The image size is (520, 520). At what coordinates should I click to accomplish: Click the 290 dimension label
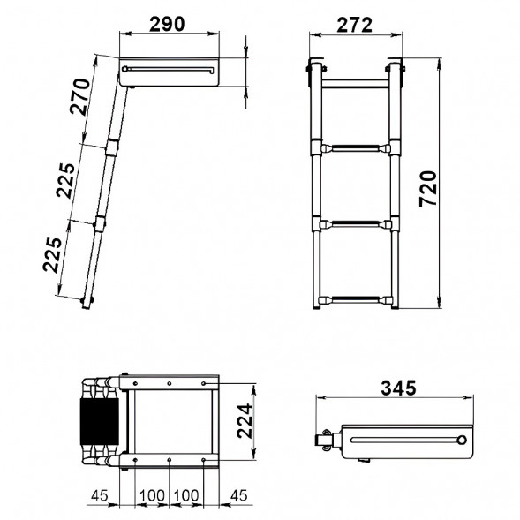(x=167, y=24)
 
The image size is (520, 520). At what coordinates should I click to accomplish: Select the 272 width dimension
(x=355, y=26)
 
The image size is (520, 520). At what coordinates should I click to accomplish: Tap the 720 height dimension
(x=428, y=189)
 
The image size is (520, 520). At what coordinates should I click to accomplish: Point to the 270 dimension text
(x=80, y=96)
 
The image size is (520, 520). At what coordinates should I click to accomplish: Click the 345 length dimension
(x=398, y=388)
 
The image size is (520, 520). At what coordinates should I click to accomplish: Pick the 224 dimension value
(x=245, y=421)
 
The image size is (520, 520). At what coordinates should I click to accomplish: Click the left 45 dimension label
(x=100, y=495)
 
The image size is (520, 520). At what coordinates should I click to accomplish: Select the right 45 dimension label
(x=238, y=495)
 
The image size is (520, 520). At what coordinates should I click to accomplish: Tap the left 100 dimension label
(x=152, y=495)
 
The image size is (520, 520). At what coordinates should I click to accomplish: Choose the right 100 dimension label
(x=186, y=495)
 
